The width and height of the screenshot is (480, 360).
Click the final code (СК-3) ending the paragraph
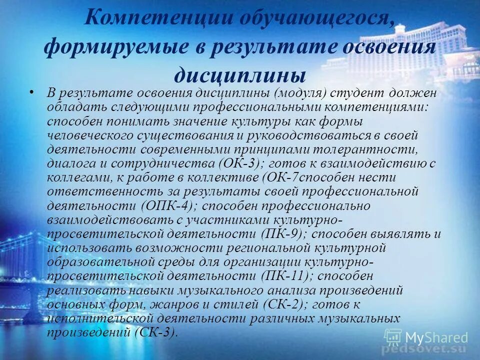pos(156,332)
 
